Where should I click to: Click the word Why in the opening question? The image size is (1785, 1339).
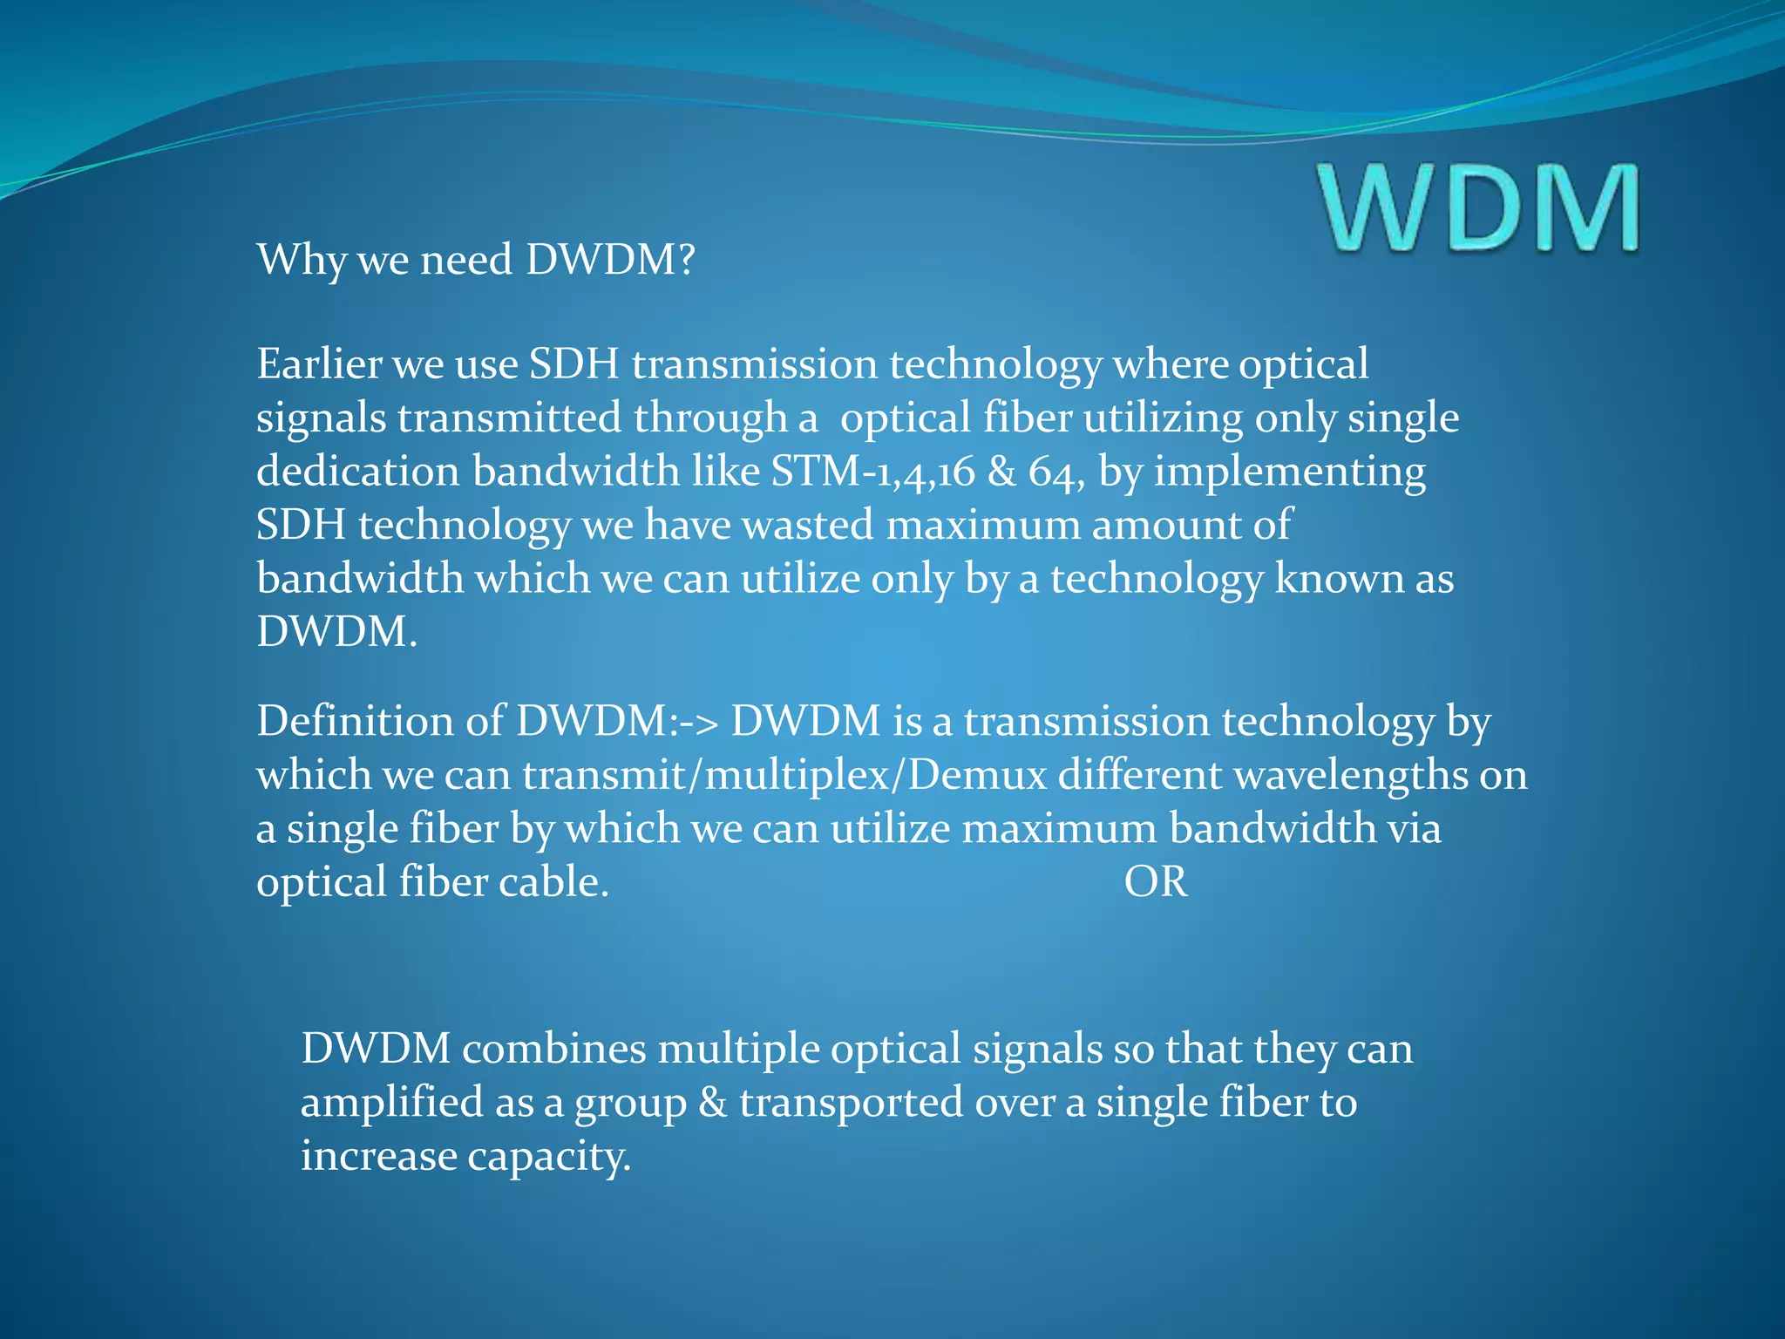pyautogui.click(x=300, y=260)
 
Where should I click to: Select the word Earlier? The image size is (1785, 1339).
pyautogui.click(x=318, y=364)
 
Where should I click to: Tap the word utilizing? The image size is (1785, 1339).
pyautogui.click(x=1163, y=418)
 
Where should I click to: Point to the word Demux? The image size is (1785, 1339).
pyautogui.click(x=977, y=775)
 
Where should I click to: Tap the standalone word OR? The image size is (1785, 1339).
pyautogui.click(x=1155, y=882)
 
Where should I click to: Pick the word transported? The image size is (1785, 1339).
pyautogui.click(x=851, y=1103)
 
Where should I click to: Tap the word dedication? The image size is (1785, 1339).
pyautogui.click(x=358, y=472)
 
